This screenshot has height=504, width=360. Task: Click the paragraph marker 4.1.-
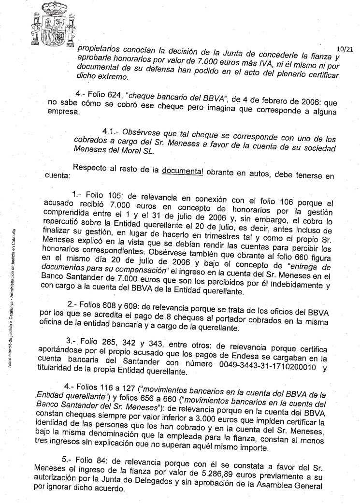[111, 132]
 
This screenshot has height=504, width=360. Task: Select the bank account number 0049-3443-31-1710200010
[255, 367]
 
